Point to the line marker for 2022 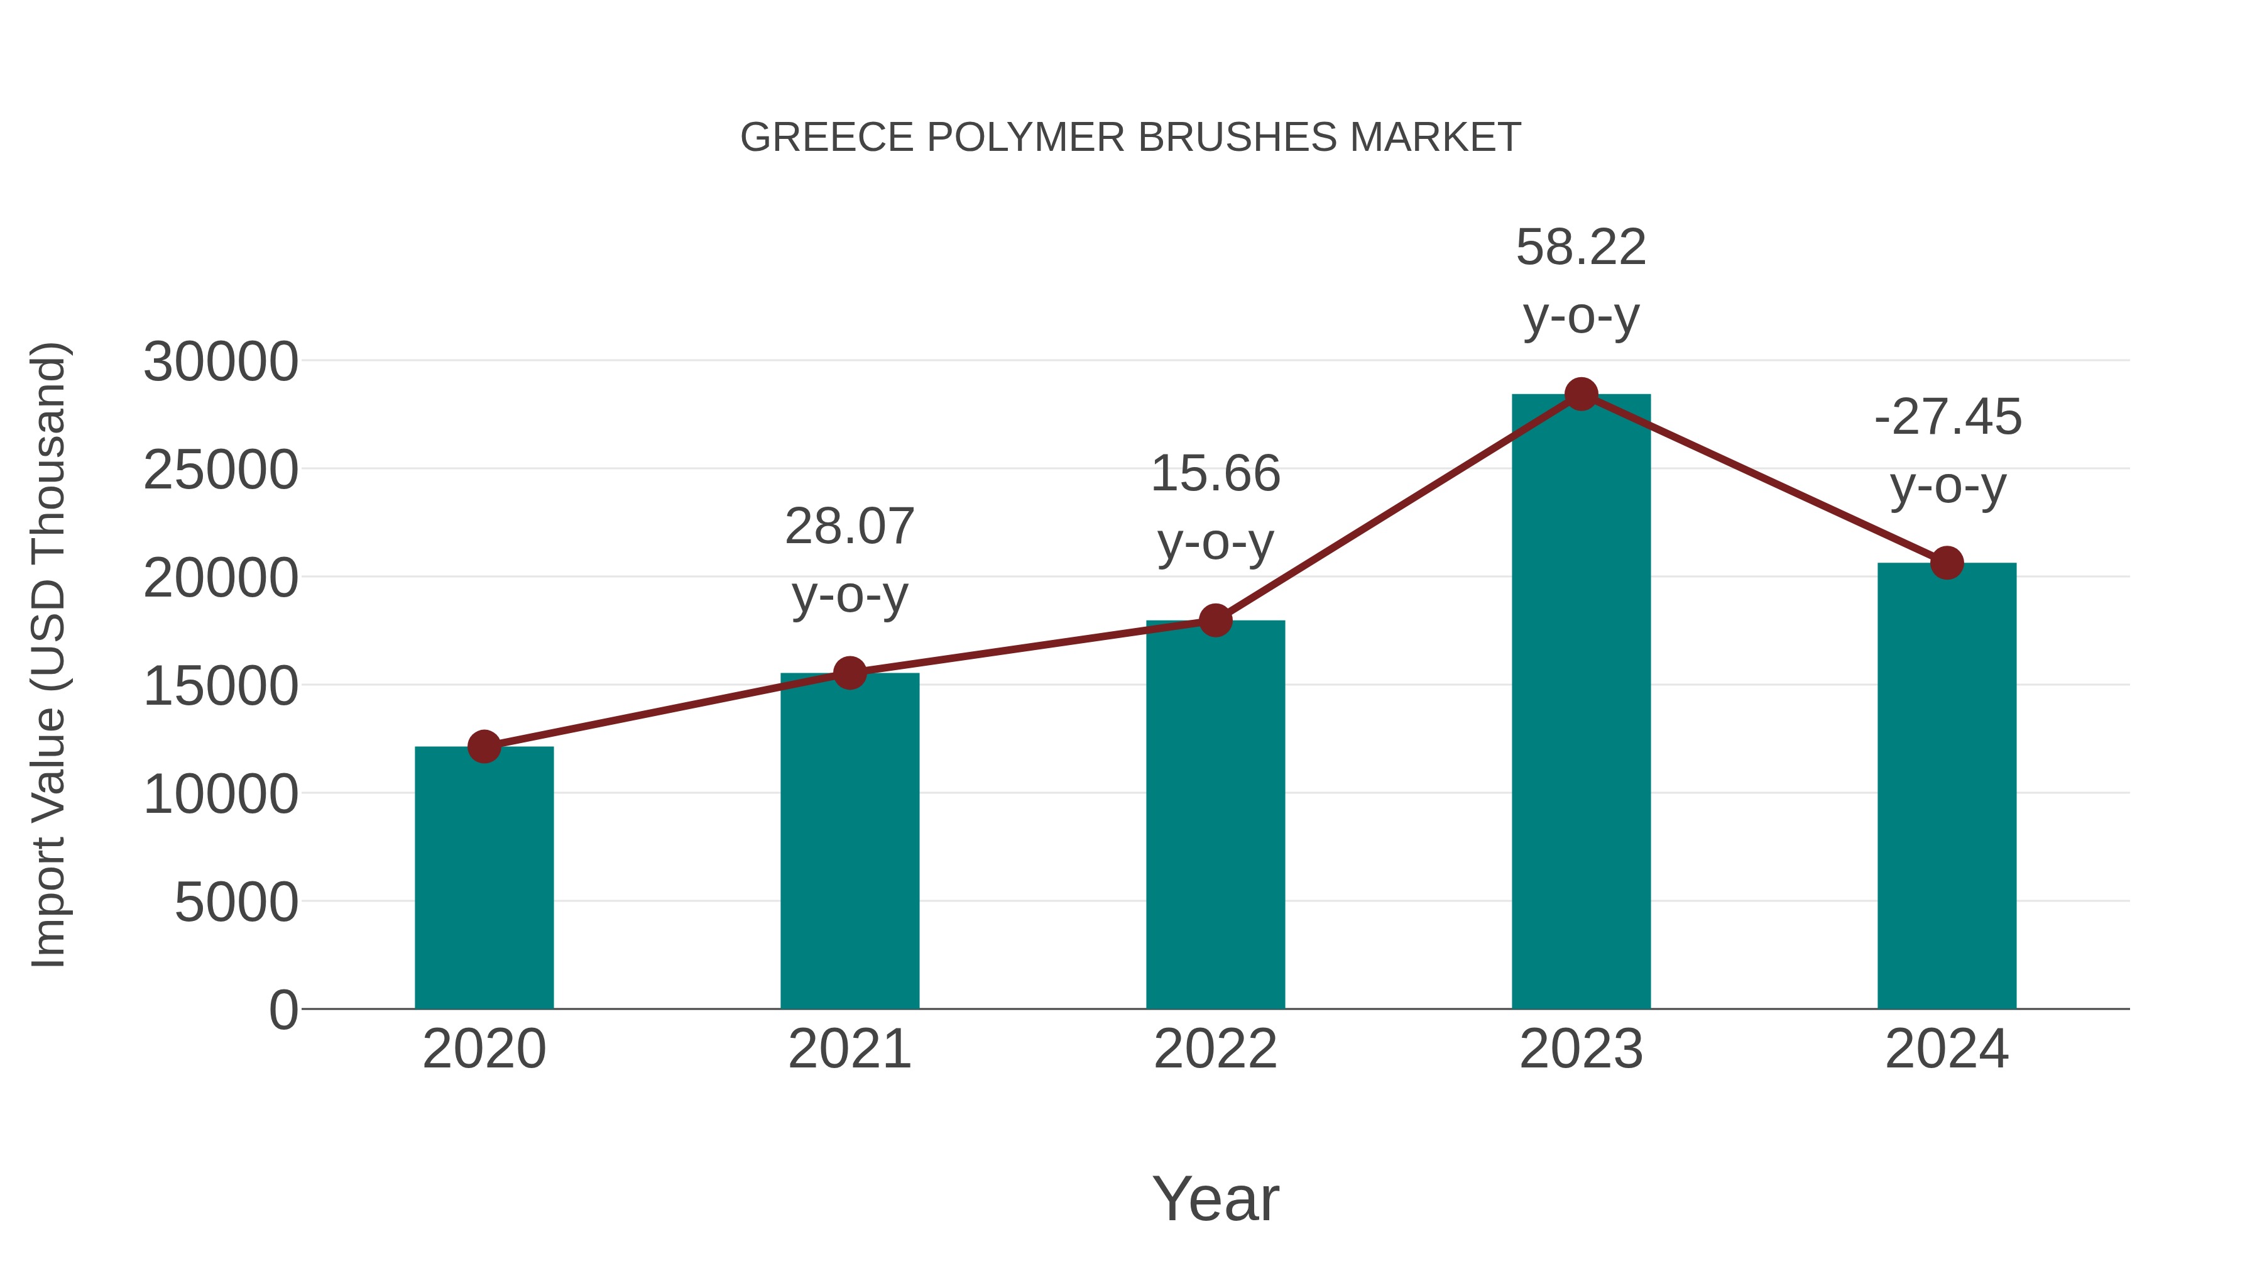tap(1215, 620)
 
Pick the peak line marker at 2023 tap(1581, 394)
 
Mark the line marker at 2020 tap(484, 747)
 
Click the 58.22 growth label tap(1581, 247)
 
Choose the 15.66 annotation tap(1215, 473)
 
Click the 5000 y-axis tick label tap(236, 902)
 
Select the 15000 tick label tap(221, 686)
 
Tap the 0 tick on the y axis tap(283, 1010)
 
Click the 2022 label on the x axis tap(1215, 1049)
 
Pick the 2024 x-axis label tap(1947, 1049)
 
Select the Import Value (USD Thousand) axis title tap(49, 654)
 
